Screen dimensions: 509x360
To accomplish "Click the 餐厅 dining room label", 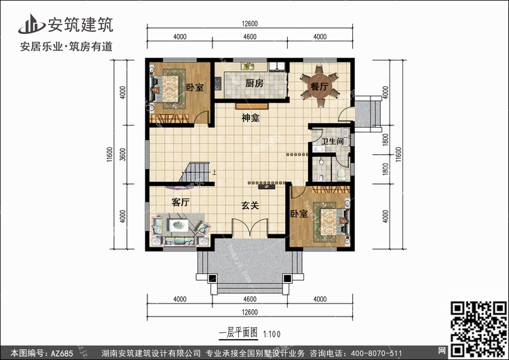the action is point(320,87).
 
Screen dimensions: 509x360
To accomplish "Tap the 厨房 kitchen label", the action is point(254,84).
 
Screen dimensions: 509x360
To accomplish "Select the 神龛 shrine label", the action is point(250,118).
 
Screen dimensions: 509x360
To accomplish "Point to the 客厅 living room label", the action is point(181,202).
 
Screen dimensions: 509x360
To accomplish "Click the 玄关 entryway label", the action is point(250,205).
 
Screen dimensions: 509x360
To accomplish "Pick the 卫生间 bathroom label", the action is point(333,141).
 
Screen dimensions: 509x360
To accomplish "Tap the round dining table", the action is point(320,86).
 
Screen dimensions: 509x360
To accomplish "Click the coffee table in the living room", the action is point(178,225).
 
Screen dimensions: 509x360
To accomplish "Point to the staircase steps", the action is point(194,173).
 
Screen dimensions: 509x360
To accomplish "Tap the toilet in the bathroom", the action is point(341,175).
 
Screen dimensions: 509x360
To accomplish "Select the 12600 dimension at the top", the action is point(250,24).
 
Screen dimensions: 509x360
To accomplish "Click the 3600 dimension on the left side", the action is point(122,154).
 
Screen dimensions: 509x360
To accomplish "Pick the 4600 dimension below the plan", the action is point(250,300).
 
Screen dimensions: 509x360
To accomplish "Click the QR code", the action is point(478,329).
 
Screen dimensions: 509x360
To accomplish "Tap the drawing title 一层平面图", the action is point(239,333).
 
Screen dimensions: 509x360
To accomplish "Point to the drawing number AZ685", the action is point(62,353).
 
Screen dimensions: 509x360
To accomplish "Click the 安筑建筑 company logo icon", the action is point(31,24).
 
